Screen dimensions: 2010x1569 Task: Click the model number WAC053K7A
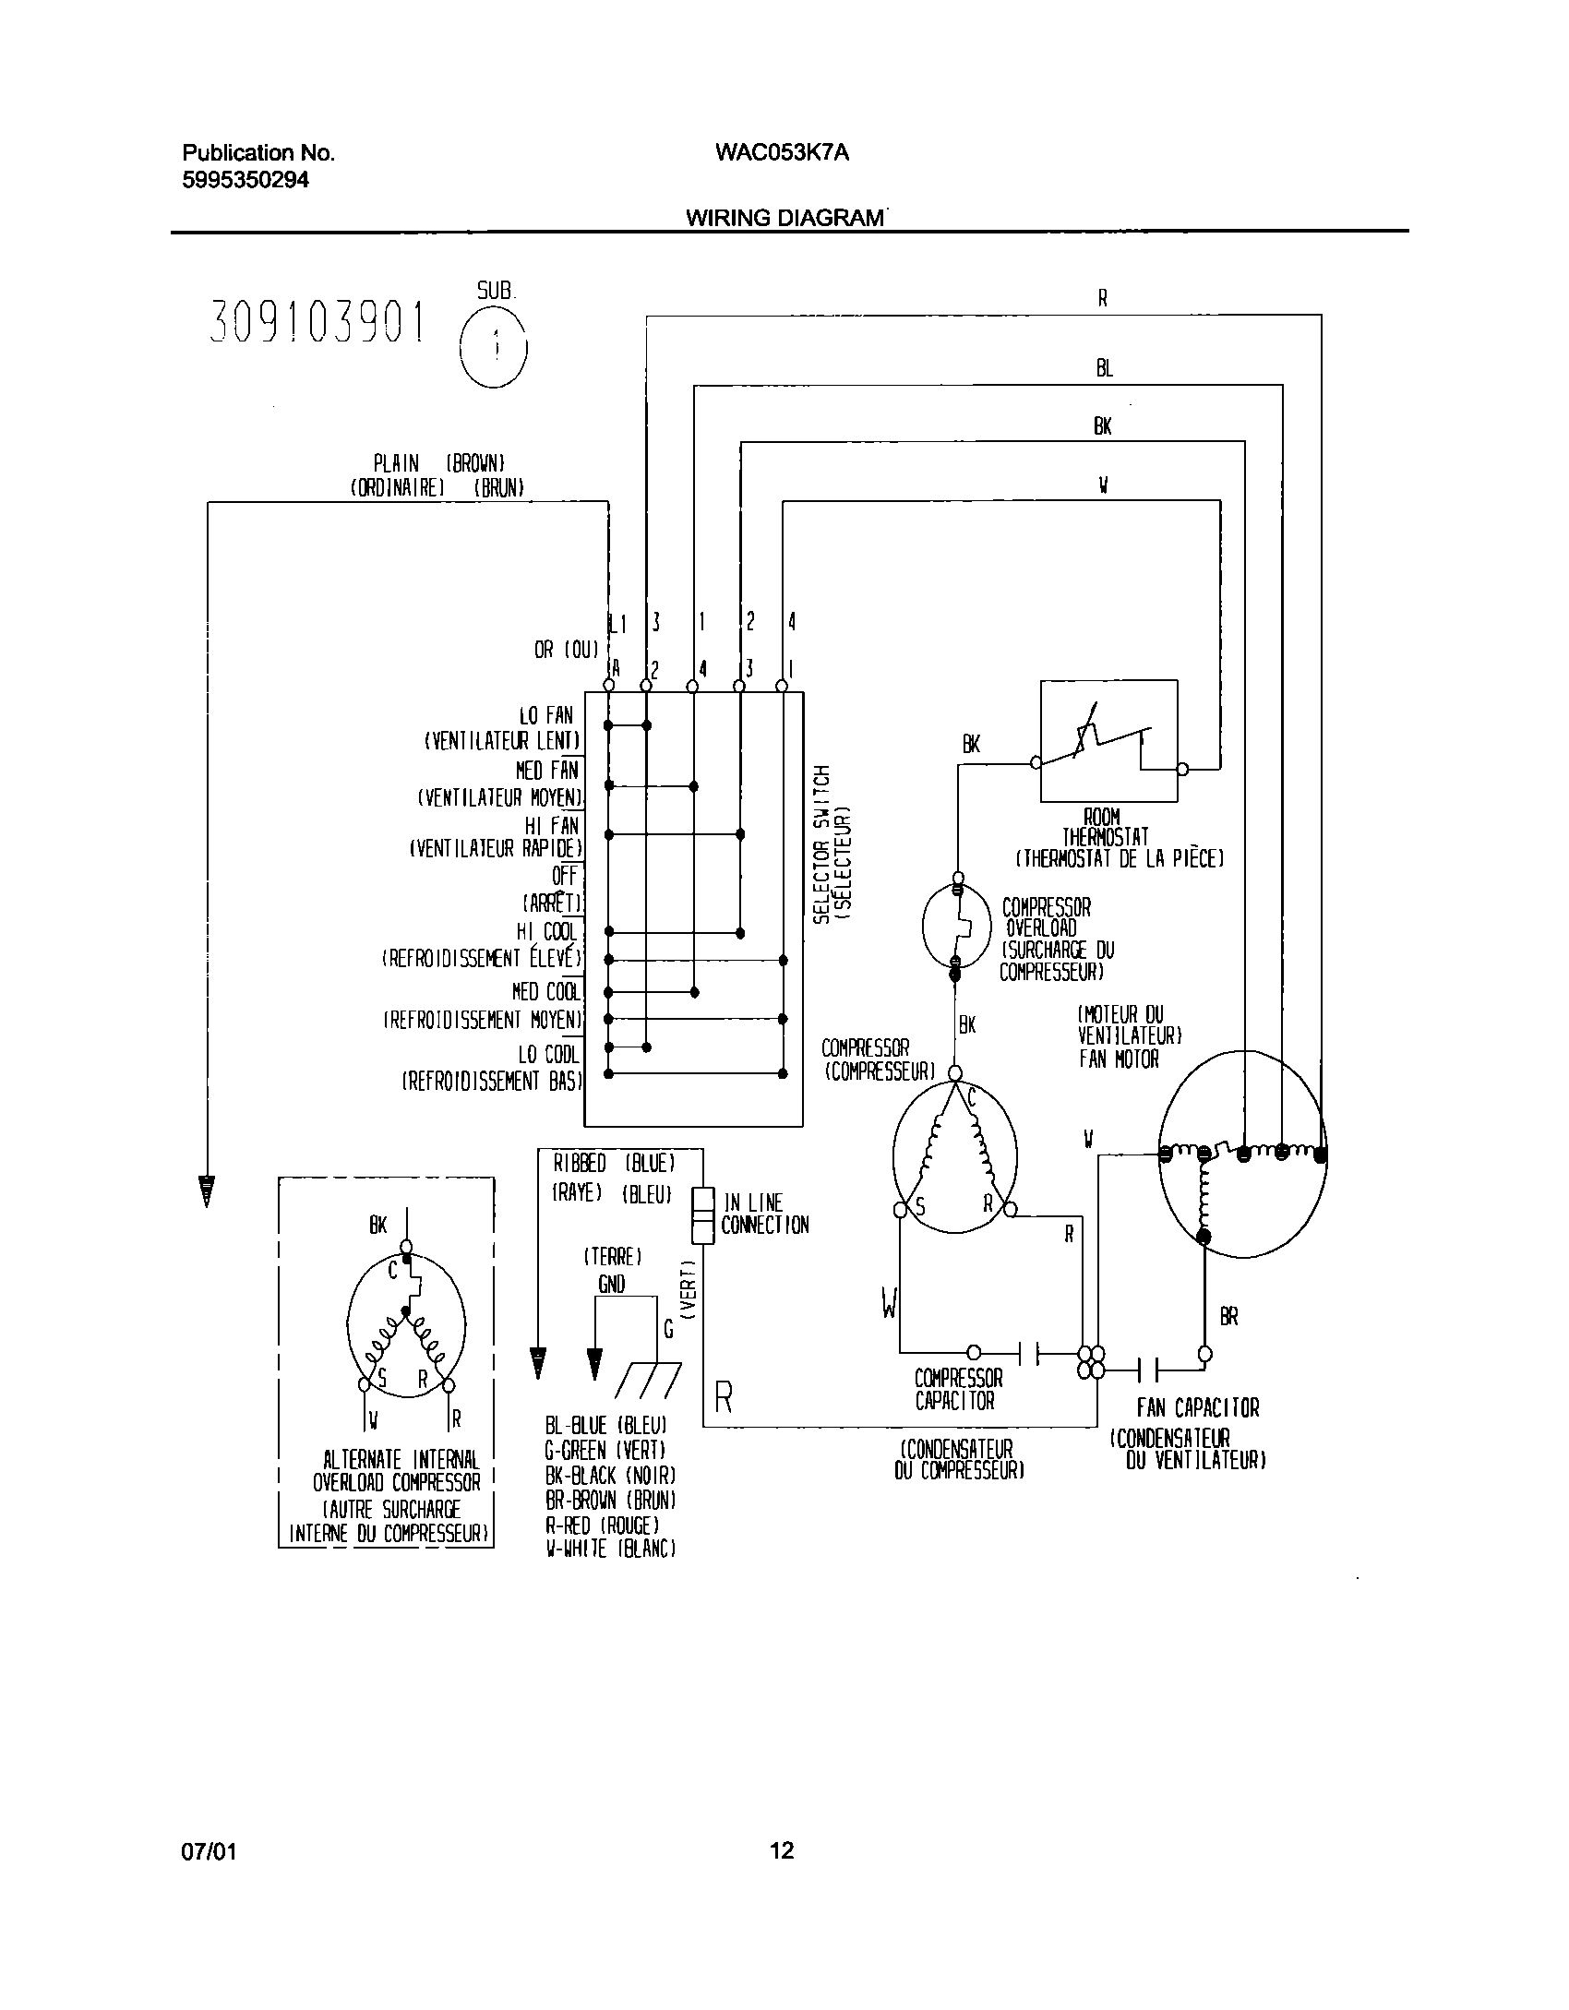(x=781, y=153)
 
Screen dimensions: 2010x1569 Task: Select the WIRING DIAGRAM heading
(x=784, y=218)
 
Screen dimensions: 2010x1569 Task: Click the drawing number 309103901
(x=319, y=323)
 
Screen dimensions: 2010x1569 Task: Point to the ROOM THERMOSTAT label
(x=1105, y=828)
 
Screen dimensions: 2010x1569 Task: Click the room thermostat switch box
(x=1108, y=741)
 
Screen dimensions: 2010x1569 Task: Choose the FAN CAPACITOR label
(x=1197, y=1408)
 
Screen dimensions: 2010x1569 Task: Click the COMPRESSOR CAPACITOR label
(x=957, y=1389)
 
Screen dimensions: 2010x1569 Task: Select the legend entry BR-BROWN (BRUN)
(x=610, y=1500)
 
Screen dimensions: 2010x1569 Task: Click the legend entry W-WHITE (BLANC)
(x=610, y=1549)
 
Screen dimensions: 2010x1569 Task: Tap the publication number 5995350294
(x=246, y=180)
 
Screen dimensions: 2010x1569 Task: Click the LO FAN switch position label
(x=545, y=715)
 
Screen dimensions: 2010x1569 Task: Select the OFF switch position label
(x=564, y=874)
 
